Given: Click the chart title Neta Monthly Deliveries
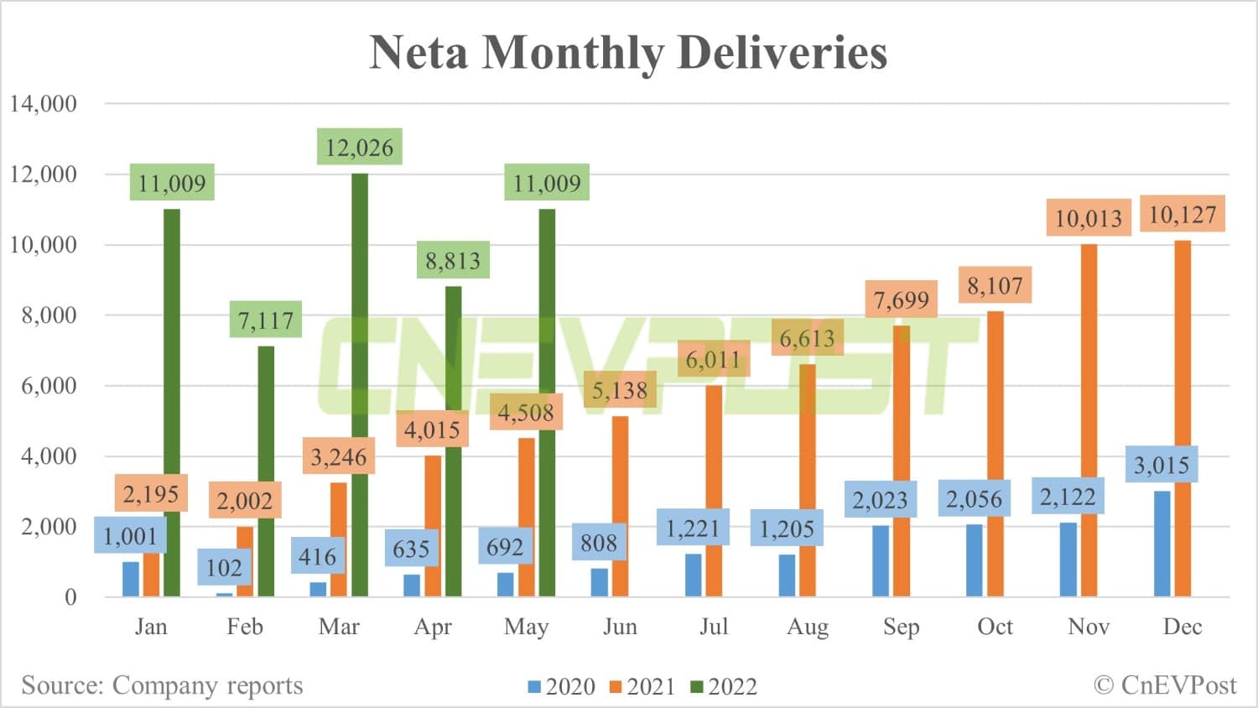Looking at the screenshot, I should [628, 52].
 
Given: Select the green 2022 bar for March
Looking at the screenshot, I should [360, 386].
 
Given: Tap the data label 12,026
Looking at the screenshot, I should [359, 148].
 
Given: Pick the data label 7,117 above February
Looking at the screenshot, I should [266, 320].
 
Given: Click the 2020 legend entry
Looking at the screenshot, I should [561, 687].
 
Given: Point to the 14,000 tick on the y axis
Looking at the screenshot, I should [44, 104].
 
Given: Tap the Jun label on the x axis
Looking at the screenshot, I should [620, 627].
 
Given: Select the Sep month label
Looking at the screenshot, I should [901, 627].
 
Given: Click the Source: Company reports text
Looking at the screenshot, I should [162, 685].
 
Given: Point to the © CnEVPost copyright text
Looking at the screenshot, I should [1165, 685].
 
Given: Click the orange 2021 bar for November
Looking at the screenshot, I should [1089, 419].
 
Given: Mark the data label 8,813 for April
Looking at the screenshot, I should [453, 261].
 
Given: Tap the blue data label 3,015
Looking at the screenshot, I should [1162, 465].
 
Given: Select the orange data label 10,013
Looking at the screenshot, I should [1088, 219].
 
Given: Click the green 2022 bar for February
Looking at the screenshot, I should [266, 470].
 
